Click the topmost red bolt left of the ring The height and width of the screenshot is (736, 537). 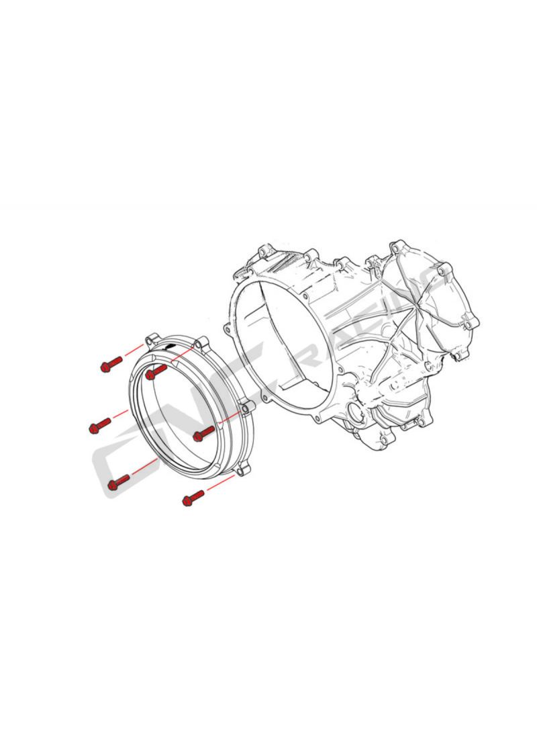pyautogui.click(x=111, y=364)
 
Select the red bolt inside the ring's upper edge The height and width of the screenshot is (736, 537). pyautogui.click(x=156, y=372)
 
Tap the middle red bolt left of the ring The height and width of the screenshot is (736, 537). pyautogui.click(x=99, y=426)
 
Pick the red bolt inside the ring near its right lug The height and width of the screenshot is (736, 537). pyautogui.click(x=203, y=433)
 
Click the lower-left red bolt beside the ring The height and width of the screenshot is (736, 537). pyautogui.click(x=118, y=482)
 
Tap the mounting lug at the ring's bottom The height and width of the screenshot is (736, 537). pyautogui.click(x=242, y=470)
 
